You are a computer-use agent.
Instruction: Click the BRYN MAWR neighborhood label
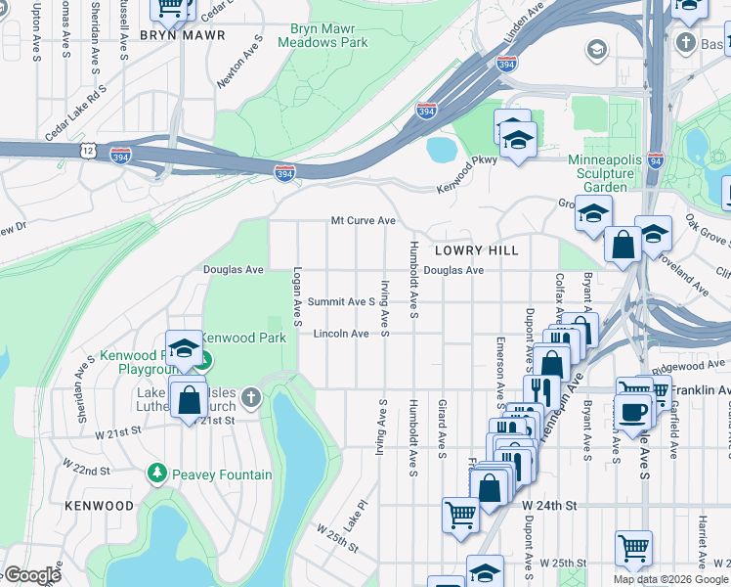click(x=183, y=34)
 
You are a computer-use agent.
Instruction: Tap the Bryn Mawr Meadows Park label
click(x=322, y=36)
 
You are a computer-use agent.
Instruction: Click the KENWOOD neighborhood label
click(x=99, y=506)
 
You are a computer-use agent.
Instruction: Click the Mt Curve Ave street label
click(x=363, y=221)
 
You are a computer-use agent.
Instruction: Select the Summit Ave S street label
click(x=341, y=302)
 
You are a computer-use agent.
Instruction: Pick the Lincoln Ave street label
click(x=341, y=334)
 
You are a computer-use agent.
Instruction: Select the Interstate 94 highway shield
click(x=655, y=160)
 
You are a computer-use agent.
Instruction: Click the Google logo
click(x=31, y=575)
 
